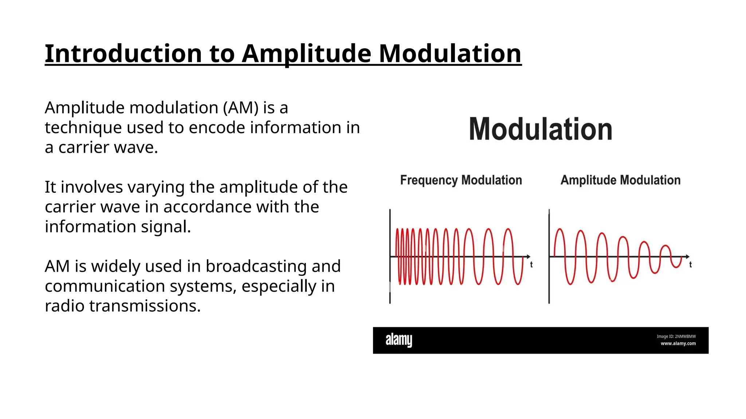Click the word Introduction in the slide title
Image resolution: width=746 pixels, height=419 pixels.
[x=123, y=53]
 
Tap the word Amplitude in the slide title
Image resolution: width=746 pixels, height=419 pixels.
[x=306, y=53]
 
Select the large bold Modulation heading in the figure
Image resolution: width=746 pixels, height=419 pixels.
[x=541, y=129]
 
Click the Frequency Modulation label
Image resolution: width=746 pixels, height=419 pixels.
[x=461, y=180]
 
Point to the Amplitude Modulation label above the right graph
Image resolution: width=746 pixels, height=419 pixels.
[x=620, y=180]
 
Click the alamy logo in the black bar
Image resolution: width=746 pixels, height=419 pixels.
[x=399, y=340]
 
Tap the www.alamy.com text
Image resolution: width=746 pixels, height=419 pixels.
[x=678, y=343]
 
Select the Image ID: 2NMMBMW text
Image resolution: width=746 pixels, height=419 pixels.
[x=676, y=336]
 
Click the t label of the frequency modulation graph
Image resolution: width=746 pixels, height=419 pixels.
[x=531, y=265]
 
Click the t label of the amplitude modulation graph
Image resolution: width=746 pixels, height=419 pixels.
[x=690, y=265]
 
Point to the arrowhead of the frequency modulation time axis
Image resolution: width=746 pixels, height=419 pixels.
[x=528, y=257]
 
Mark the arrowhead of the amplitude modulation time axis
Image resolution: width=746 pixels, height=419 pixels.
[x=687, y=257]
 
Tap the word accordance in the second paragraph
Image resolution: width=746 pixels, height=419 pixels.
[x=208, y=207]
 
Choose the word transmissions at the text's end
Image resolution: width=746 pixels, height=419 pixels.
[x=145, y=306]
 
